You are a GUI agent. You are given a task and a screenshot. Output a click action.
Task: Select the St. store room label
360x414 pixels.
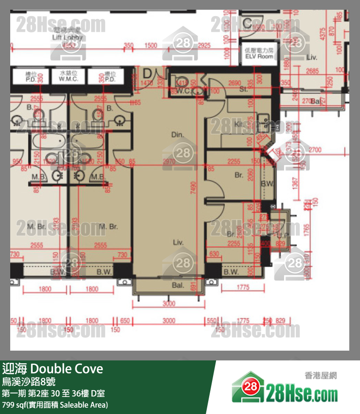[x=244, y=90]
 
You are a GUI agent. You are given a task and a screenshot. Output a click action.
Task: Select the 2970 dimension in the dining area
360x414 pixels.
[x=169, y=161]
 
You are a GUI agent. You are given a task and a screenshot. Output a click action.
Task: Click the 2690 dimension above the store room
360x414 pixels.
[x=235, y=82]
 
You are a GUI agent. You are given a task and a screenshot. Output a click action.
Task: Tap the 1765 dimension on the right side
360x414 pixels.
[x=306, y=227]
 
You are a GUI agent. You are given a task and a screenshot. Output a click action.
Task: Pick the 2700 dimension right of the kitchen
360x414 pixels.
[x=315, y=150]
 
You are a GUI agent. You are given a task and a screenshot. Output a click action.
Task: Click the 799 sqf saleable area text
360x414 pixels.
[x=54, y=405]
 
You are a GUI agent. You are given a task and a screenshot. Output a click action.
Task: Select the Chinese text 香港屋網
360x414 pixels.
[x=321, y=376]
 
